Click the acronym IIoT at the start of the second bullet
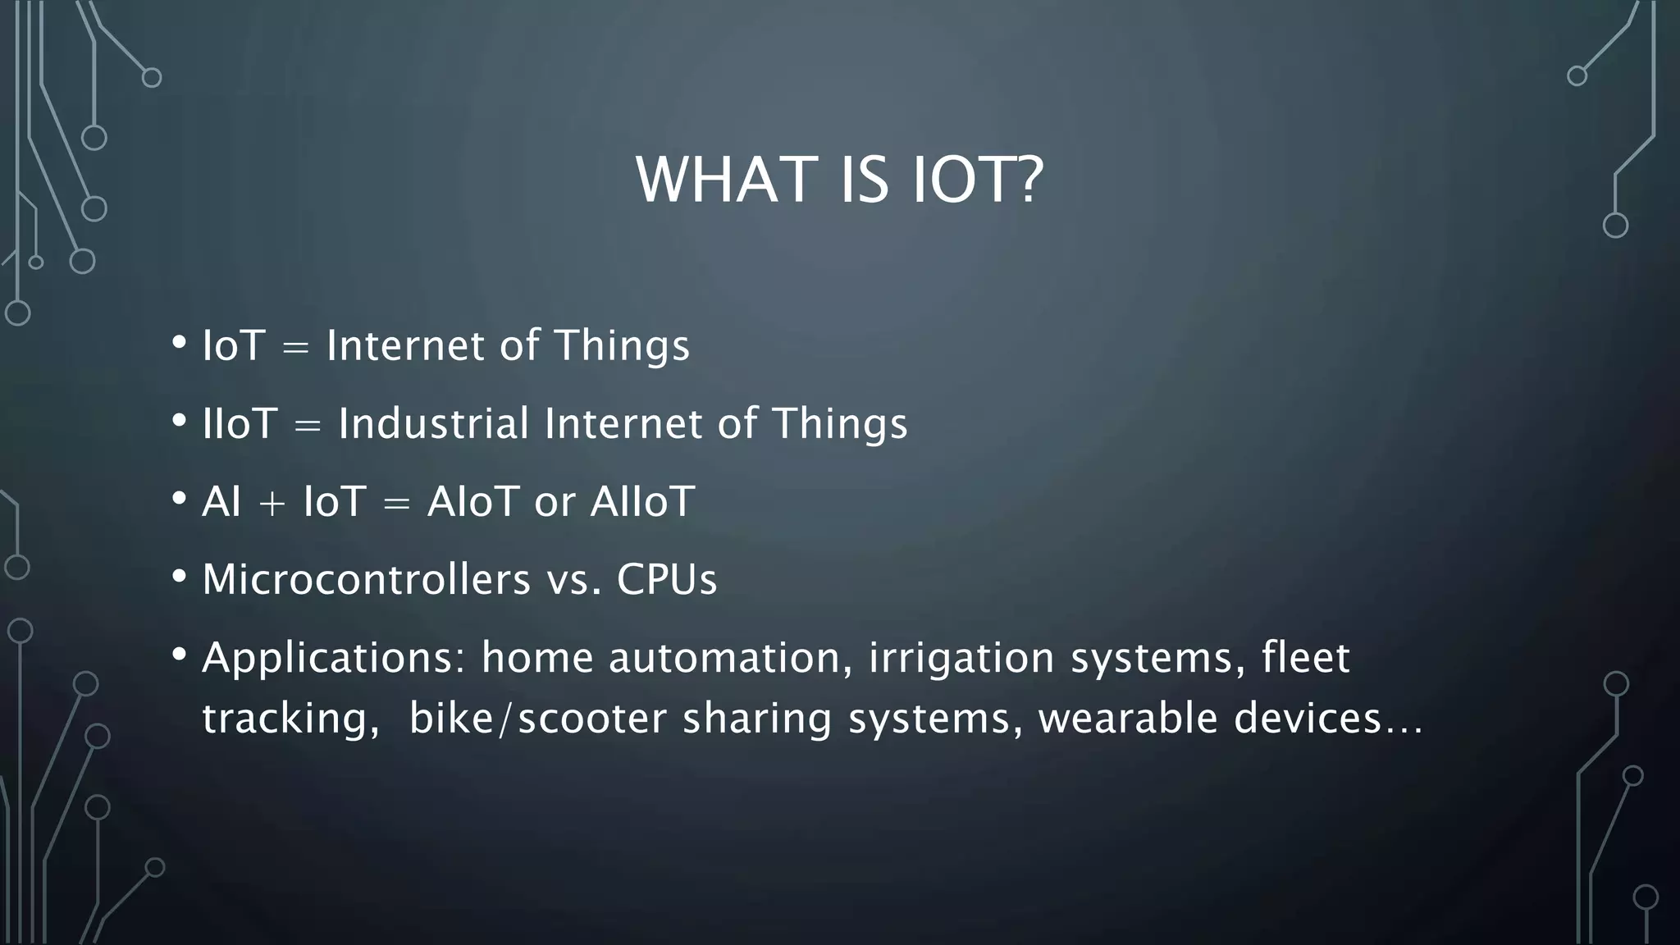tap(240, 424)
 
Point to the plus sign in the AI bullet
tap(272, 503)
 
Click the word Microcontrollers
tap(366, 579)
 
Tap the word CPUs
tap(666, 579)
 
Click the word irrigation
tap(961, 659)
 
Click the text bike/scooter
tap(537, 719)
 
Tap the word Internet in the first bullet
tap(405, 345)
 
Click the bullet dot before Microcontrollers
tap(180, 576)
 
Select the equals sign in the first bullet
tap(295, 348)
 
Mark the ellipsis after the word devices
tap(1404, 728)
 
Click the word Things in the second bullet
tap(840, 424)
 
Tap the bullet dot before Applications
tap(180, 654)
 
